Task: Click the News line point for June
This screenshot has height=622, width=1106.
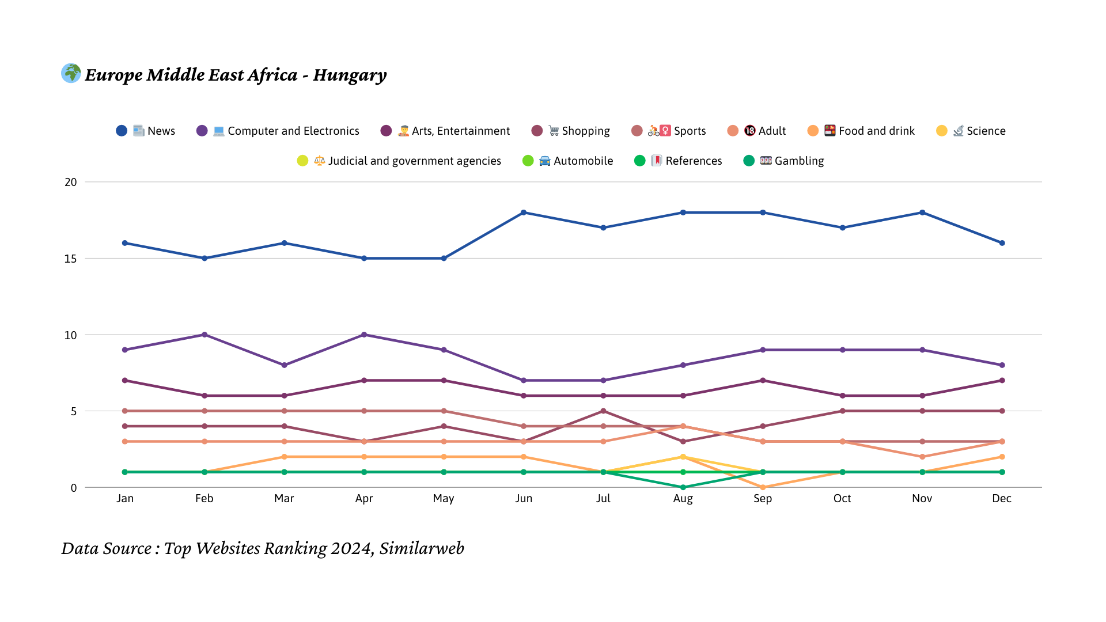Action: [524, 213]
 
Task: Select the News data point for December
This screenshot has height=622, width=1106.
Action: [1002, 243]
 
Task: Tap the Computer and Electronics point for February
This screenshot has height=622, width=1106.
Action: [204, 335]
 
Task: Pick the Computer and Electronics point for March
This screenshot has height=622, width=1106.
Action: [284, 365]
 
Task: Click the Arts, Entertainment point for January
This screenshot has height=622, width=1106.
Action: [125, 381]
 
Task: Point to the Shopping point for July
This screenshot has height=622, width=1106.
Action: [603, 411]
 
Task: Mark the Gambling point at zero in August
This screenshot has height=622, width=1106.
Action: [683, 487]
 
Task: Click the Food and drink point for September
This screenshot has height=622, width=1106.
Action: [763, 487]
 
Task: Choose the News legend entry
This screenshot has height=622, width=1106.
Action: [146, 131]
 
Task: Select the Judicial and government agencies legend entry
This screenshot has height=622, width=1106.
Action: [399, 161]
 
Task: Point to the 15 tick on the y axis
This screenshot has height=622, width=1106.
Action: [70, 259]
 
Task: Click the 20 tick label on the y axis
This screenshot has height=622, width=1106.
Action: [70, 182]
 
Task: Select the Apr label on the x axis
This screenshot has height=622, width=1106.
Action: [364, 498]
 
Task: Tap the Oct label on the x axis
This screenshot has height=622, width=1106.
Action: [842, 498]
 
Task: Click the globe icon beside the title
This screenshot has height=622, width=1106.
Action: [71, 73]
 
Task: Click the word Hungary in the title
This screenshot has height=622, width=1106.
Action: [350, 75]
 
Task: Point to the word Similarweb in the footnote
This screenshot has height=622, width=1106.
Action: [421, 548]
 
